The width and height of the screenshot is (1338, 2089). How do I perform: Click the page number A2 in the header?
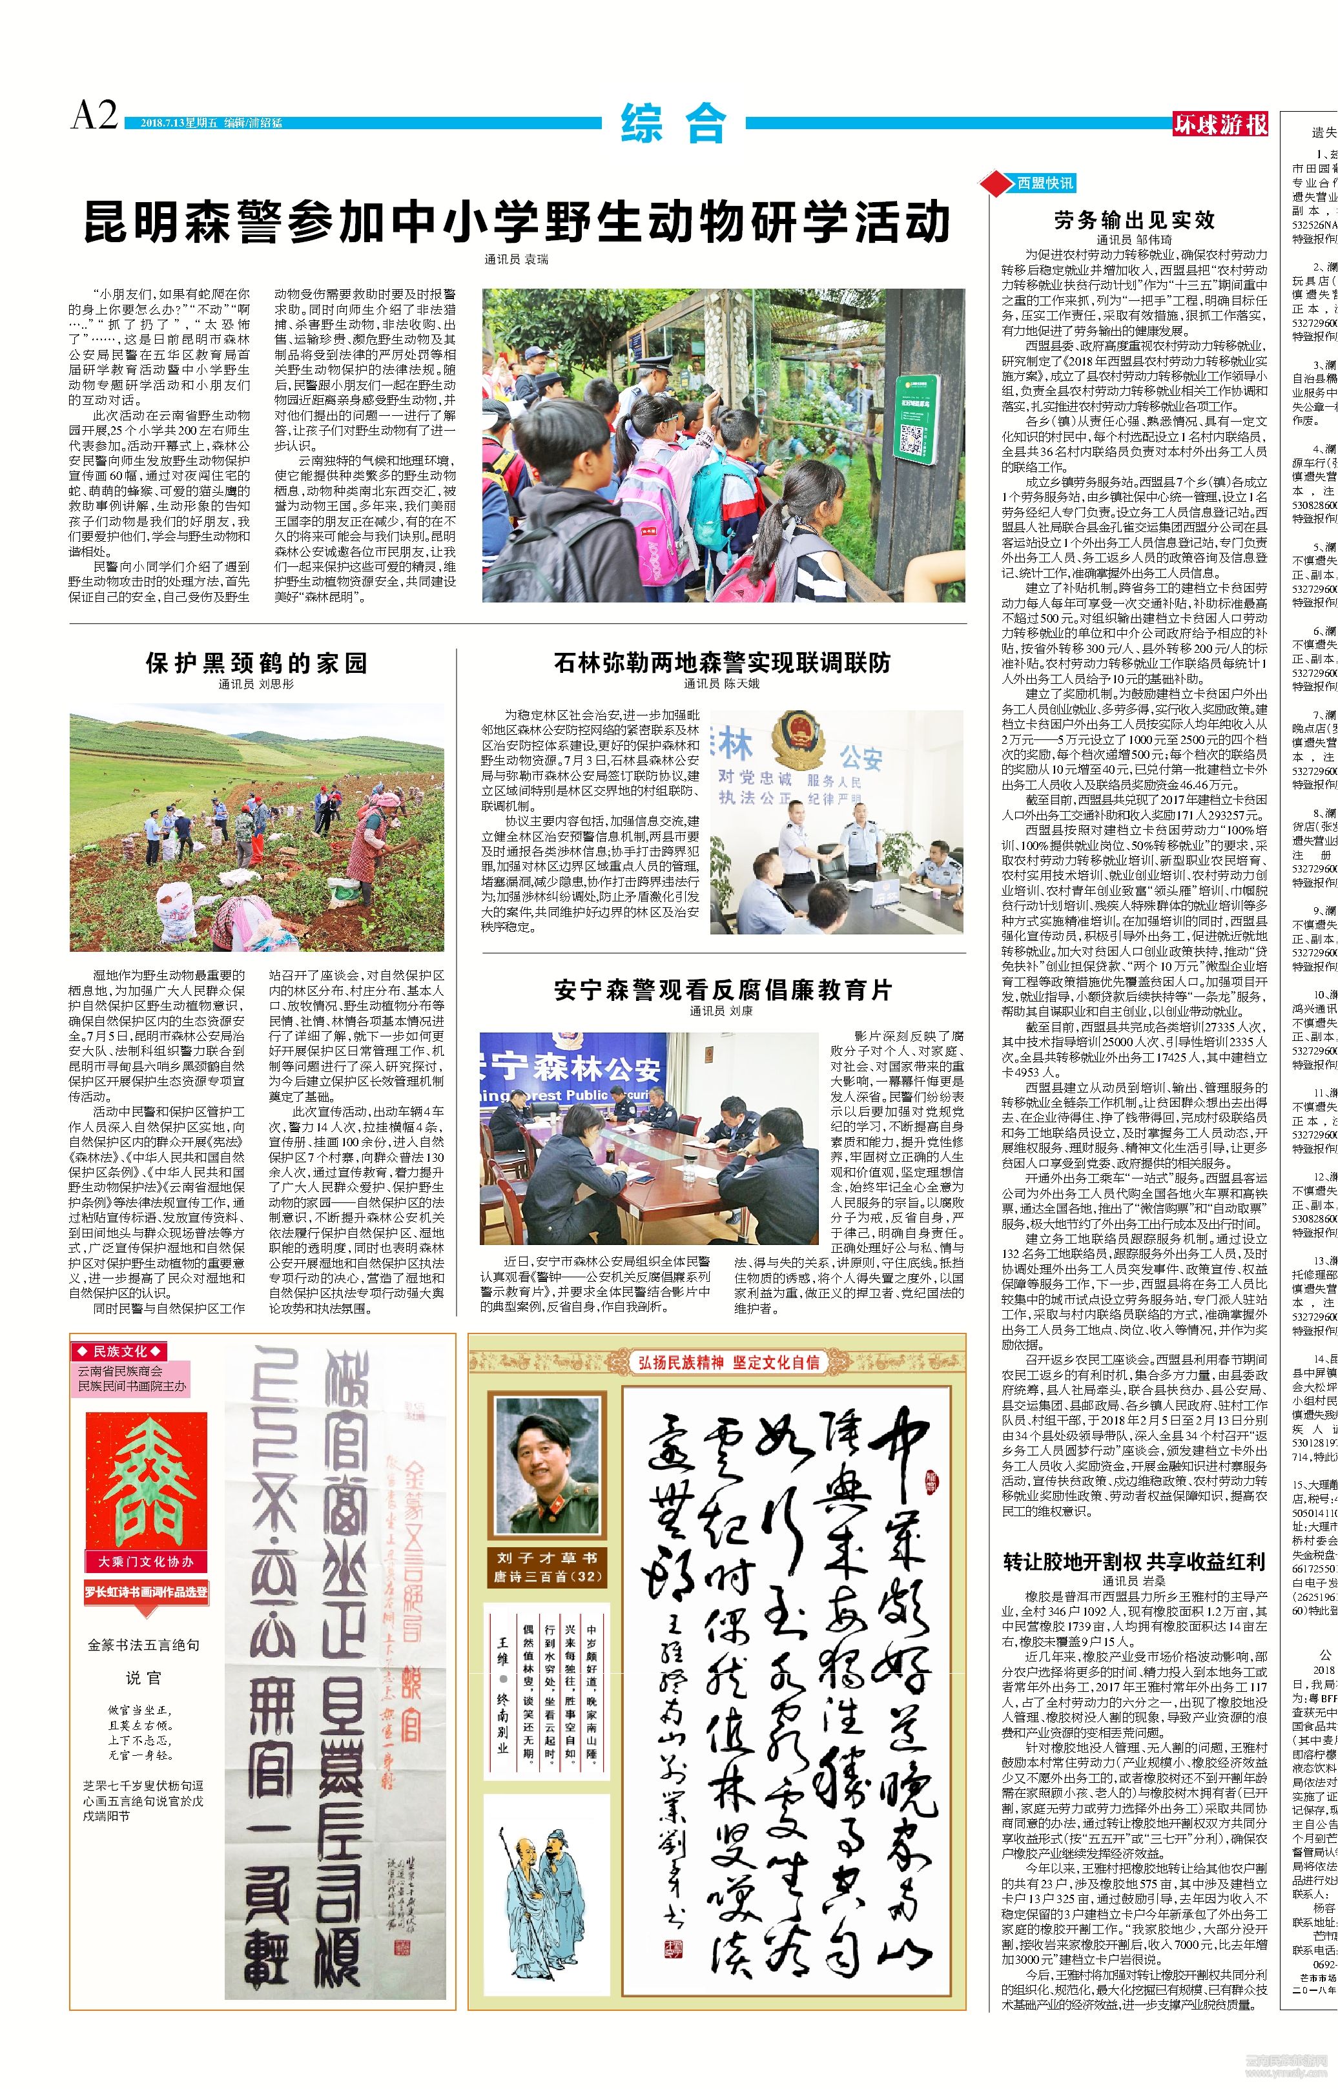tap(94, 116)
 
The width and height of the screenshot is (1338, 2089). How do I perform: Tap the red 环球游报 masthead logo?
tap(1220, 124)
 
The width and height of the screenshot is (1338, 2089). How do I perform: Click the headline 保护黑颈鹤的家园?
tap(256, 664)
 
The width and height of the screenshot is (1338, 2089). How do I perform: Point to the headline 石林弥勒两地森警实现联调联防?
tap(722, 664)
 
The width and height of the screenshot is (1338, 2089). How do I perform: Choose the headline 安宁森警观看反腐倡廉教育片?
tap(722, 990)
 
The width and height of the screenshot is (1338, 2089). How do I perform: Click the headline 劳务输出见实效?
tap(1134, 220)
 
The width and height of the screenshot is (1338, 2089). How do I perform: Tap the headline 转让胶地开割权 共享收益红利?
tap(1134, 1538)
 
